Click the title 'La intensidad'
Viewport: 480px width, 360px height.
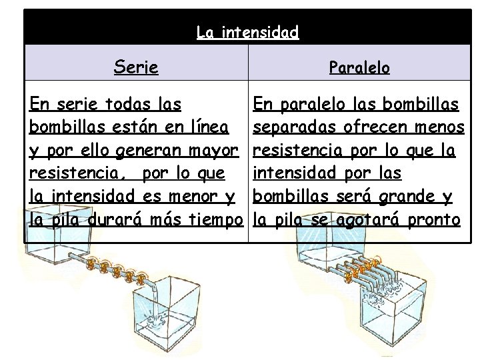pyautogui.click(x=247, y=31)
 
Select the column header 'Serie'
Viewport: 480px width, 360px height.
pyautogui.click(x=136, y=67)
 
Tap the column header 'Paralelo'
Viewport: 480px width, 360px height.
pyautogui.click(x=360, y=68)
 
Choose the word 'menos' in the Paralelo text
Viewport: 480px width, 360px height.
pyautogui.click(x=439, y=127)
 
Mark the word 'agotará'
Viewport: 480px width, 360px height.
pyautogui.click(x=363, y=220)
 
